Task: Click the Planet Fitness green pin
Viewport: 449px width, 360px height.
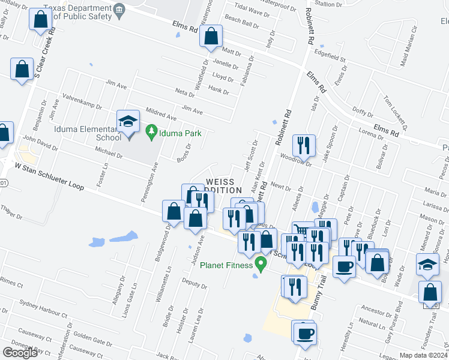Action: (x=261, y=263)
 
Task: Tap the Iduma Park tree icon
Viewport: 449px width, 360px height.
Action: (x=152, y=133)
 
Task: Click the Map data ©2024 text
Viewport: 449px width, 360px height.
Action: (x=423, y=355)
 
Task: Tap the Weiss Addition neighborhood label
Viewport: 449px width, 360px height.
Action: (x=224, y=185)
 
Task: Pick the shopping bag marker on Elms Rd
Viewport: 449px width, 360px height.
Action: (x=211, y=38)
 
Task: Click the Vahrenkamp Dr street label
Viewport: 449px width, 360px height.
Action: (x=83, y=101)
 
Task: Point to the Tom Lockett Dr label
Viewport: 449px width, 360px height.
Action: (x=396, y=113)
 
